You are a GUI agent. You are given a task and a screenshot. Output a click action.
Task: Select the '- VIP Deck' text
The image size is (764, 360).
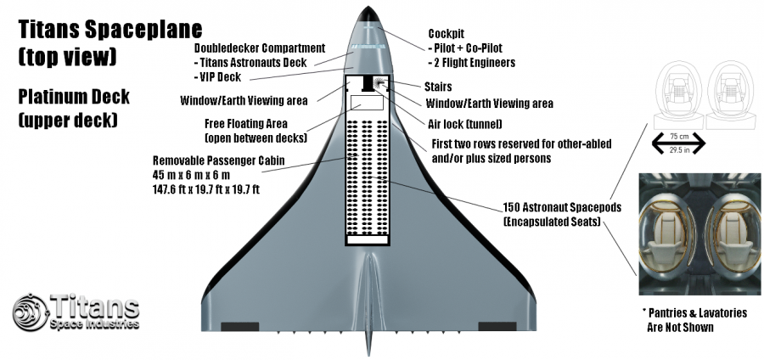click(221, 76)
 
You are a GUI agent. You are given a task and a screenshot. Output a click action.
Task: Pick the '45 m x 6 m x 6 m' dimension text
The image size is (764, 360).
click(194, 174)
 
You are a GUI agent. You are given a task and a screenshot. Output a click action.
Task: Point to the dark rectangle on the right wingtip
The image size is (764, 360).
click(497, 326)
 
